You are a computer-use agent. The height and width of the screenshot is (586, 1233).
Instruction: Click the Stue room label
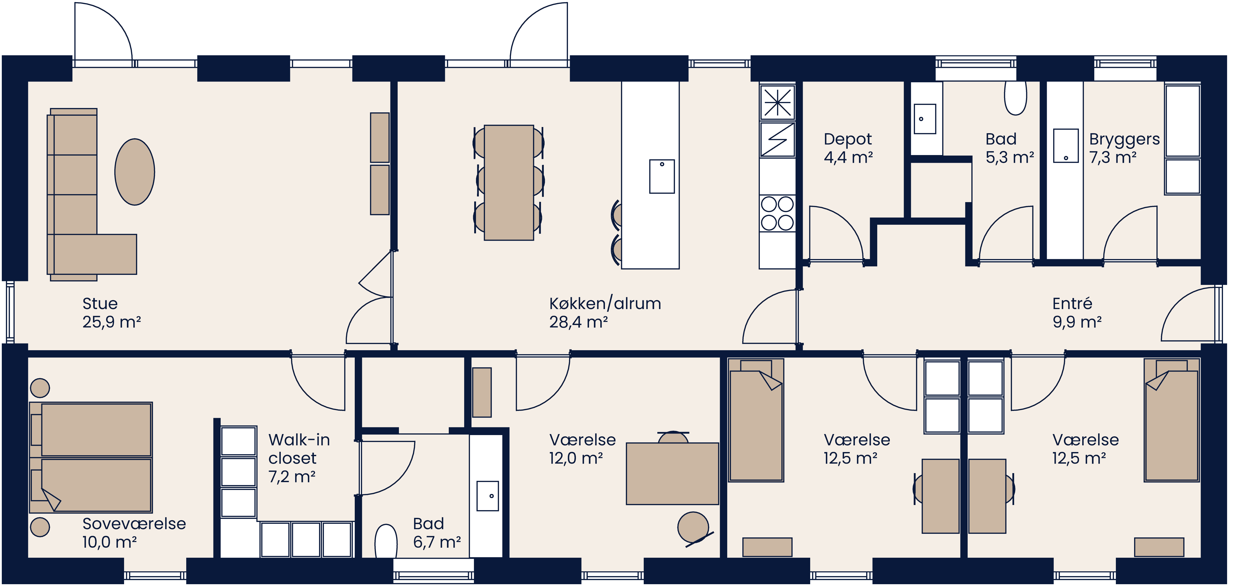100,303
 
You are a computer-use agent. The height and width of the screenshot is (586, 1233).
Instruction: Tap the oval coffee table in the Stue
135,172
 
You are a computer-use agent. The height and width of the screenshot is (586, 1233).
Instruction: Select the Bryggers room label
1124,139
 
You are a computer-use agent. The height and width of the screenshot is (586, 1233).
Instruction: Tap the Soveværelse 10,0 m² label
134,532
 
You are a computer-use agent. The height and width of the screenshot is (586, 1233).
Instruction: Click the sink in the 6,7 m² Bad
487,496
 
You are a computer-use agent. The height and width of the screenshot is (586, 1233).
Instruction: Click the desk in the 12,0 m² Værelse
672,473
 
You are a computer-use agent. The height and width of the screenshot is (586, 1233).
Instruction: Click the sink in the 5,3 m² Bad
925,119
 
